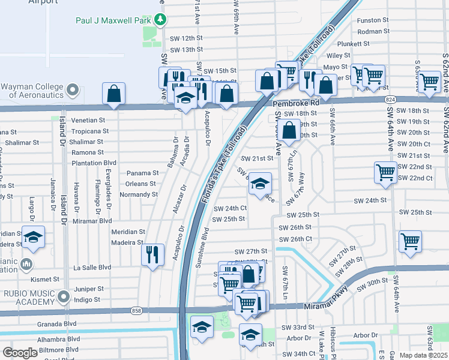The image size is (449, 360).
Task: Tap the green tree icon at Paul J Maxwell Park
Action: [160, 20]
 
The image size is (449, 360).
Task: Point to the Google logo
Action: [20, 353]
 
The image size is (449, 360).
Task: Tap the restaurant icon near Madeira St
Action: [152, 254]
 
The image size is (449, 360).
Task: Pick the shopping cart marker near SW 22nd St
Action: [385, 172]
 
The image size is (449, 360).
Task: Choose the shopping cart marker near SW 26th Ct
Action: [410, 241]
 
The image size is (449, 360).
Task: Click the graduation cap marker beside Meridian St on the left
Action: [33, 237]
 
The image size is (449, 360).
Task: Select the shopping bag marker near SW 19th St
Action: [289, 130]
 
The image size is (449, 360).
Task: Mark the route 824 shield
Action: [391, 98]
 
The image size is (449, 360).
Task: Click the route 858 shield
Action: [136, 310]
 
